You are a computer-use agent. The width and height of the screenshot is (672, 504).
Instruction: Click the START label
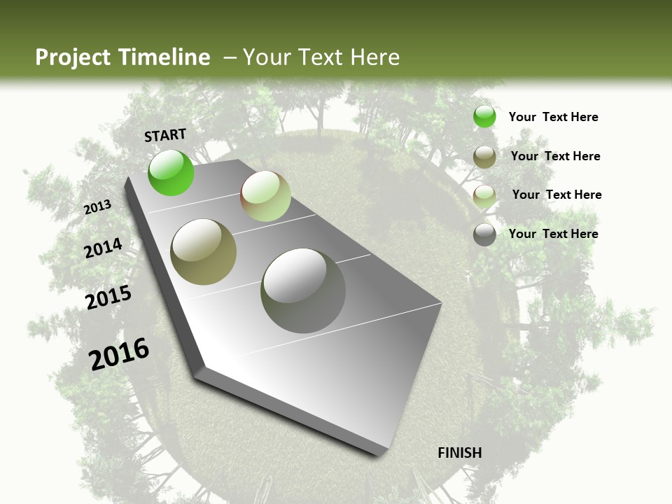point(165,135)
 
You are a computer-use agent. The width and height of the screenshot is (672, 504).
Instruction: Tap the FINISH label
point(459,453)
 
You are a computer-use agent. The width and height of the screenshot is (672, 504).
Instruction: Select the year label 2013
point(97,207)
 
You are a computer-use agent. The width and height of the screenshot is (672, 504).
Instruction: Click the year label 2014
point(103,248)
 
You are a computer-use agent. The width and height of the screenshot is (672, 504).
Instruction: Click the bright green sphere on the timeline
point(171,173)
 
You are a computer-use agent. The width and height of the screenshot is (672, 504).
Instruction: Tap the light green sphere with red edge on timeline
point(265,196)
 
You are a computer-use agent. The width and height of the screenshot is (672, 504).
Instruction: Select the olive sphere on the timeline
point(204,251)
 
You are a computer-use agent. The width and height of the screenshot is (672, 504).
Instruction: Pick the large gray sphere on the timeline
point(303,290)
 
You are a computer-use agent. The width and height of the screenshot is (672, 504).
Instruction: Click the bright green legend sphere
point(484,117)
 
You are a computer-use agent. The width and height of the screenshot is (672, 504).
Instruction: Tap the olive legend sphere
point(484,157)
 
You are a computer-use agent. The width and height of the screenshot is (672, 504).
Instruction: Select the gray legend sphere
point(484,234)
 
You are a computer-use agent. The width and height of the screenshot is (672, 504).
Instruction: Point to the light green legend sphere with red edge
point(484,195)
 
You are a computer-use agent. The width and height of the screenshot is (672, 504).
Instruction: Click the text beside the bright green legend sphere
point(553,117)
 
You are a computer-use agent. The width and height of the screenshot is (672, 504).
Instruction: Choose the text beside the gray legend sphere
point(553,234)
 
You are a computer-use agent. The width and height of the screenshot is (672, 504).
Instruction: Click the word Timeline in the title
point(166,57)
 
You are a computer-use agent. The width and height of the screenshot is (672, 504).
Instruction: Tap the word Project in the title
point(73,57)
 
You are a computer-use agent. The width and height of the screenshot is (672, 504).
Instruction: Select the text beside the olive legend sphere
point(555,156)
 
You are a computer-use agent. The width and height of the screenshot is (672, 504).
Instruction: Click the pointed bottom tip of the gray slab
point(381,453)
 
